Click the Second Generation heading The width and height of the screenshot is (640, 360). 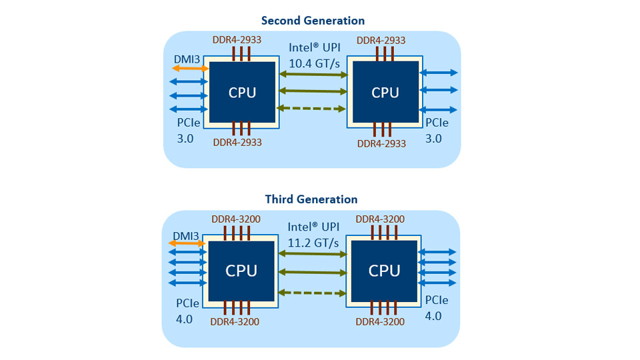coord(313,21)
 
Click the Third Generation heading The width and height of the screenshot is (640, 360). coord(311,199)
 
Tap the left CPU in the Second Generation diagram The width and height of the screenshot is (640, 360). coord(242,92)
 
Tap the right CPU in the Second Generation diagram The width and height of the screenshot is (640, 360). coord(385,92)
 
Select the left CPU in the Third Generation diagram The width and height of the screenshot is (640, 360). coord(241,271)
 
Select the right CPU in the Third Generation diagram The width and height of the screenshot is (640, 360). coord(384,271)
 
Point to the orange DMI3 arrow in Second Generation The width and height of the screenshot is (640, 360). coord(189,68)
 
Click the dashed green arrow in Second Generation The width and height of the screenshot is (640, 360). coord(313,109)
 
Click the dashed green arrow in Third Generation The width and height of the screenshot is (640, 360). coord(313,292)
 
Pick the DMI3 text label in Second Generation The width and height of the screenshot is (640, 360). coord(187,59)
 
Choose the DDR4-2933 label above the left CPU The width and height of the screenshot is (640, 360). coord(237,39)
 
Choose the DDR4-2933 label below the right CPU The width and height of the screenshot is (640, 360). coord(381,143)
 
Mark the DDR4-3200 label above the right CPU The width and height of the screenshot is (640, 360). coord(380,219)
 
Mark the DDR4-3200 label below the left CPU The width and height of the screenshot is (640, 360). coord(235,321)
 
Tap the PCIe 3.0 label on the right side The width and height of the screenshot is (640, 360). coord(437,131)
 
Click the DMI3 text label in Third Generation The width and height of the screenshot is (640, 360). coord(186,235)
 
